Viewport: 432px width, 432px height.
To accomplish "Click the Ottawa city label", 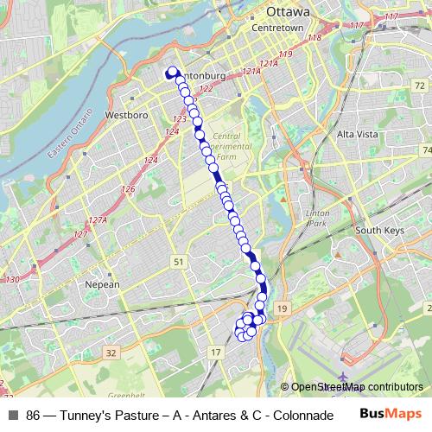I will [288, 12].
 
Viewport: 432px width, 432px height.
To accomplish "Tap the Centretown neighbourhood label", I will [276, 29].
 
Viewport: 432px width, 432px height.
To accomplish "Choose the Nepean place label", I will [102, 283].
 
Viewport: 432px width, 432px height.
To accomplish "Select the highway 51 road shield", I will [178, 261].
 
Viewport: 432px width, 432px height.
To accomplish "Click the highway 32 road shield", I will [111, 353].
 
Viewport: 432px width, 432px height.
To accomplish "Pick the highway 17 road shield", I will [216, 353].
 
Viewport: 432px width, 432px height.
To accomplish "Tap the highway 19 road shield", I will [283, 308].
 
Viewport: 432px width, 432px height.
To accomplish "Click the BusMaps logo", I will [389, 412].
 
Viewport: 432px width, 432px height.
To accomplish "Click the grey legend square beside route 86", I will [13, 413].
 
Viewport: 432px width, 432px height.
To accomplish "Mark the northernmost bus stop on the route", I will [172, 72].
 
